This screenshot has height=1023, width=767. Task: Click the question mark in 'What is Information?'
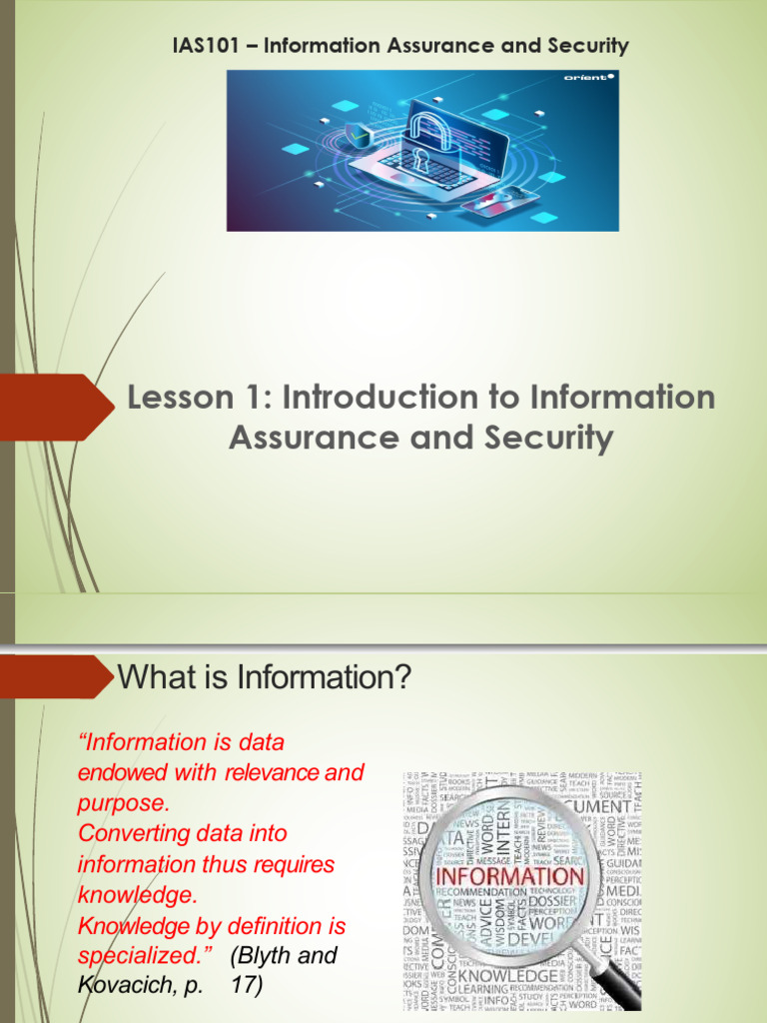coord(402,679)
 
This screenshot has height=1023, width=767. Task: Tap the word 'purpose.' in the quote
coord(125,803)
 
